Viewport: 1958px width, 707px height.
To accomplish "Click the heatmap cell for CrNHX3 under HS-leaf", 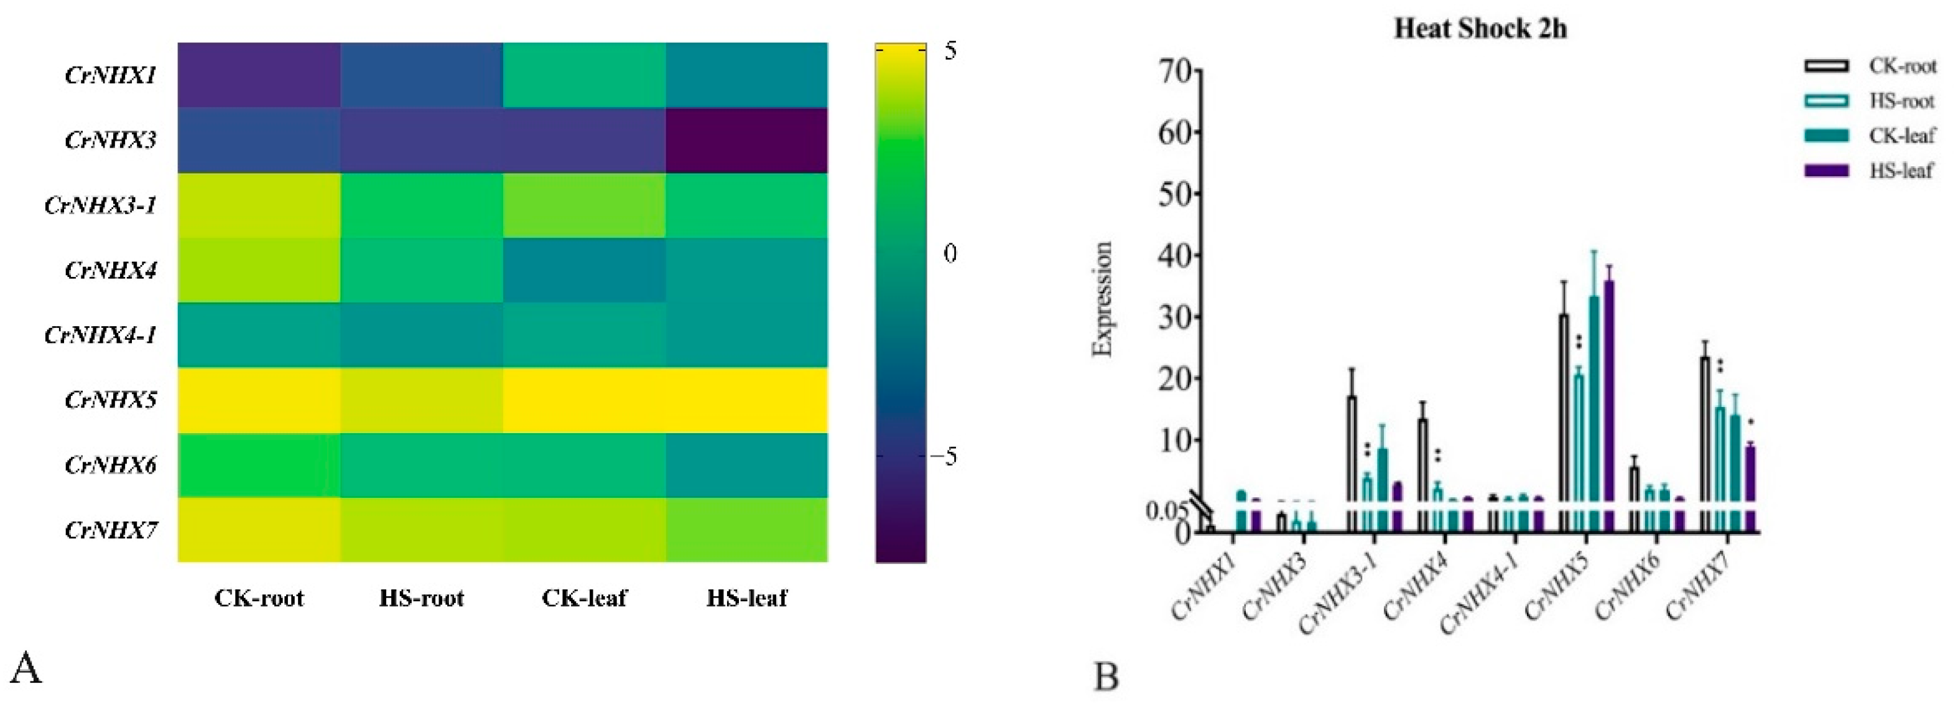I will (x=746, y=140).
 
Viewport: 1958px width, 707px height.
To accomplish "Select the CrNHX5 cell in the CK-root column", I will (x=259, y=400).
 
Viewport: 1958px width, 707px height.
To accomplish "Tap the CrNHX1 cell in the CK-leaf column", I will (x=584, y=75).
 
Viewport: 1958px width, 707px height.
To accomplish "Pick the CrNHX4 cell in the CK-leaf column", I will (x=584, y=270).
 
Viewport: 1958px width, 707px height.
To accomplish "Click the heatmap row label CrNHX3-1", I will (x=100, y=205).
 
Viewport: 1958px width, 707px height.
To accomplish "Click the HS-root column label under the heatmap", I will (x=421, y=598).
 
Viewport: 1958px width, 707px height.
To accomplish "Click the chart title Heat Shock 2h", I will (x=1480, y=29).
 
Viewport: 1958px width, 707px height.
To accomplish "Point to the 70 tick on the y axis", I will (x=1175, y=71).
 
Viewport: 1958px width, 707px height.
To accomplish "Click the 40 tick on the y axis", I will (x=1175, y=255).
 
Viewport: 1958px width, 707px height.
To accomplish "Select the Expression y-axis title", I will (x=1102, y=299).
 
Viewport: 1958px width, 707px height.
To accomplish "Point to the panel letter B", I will (x=1106, y=676).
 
